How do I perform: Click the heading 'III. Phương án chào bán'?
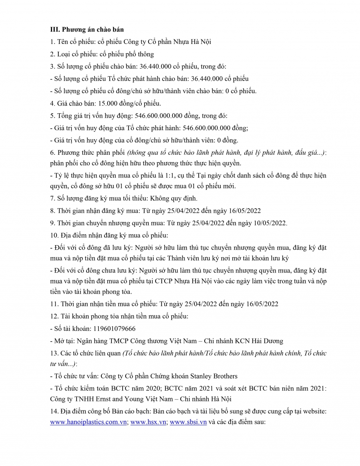pos(87,30)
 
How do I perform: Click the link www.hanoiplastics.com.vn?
pos(88,422)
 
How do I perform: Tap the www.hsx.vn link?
pos(148,422)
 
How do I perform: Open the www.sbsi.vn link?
pos(188,422)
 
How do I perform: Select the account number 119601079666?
pos(114,329)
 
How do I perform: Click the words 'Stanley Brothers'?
pos(214,376)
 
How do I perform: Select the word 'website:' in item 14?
pos(315,411)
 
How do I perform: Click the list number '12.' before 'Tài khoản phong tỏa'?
pos(54,317)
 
